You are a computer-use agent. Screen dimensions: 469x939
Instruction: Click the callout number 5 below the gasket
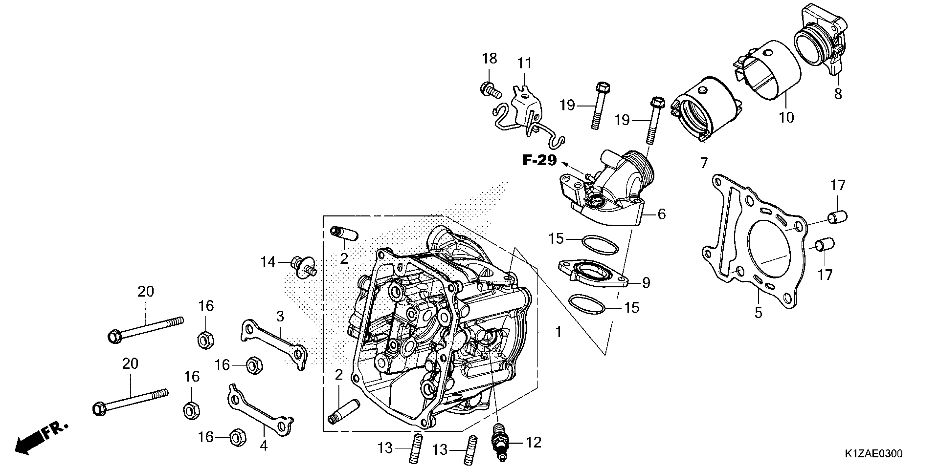(758, 312)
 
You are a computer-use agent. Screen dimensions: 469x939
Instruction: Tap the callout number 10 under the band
(786, 117)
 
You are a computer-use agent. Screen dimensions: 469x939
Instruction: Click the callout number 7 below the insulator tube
(703, 162)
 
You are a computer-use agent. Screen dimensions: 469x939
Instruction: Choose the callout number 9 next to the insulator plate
(646, 282)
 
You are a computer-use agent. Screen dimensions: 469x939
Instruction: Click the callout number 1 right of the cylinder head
(558, 332)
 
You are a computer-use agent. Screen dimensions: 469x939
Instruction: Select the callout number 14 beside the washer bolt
(268, 262)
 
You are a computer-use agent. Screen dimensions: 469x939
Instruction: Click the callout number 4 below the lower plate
(263, 445)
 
